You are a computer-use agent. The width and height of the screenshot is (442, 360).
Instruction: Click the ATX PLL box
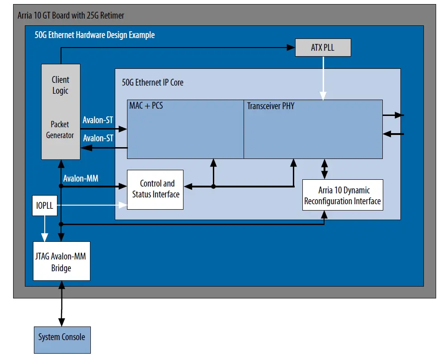[323, 48]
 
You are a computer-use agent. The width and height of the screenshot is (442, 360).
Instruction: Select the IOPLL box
[45, 206]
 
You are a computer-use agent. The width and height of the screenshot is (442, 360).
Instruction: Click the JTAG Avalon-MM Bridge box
[61, 263]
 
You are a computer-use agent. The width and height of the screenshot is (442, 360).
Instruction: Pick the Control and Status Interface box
[155, 189]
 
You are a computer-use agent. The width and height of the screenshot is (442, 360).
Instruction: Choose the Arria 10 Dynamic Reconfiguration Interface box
[342, 195]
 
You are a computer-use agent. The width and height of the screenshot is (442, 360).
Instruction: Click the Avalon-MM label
[81, 178]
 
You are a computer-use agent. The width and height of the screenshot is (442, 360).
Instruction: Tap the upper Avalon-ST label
[98, 120]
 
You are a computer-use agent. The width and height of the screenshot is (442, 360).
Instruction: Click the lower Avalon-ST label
[98, 138]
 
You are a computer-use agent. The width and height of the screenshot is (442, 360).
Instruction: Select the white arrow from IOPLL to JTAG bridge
[44, 229]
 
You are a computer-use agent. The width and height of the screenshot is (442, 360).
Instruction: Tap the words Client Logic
[60, 85]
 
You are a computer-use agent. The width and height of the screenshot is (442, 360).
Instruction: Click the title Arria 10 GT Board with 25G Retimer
[71, 16]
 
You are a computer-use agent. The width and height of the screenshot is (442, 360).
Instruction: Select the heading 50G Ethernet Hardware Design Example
[94, 35]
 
